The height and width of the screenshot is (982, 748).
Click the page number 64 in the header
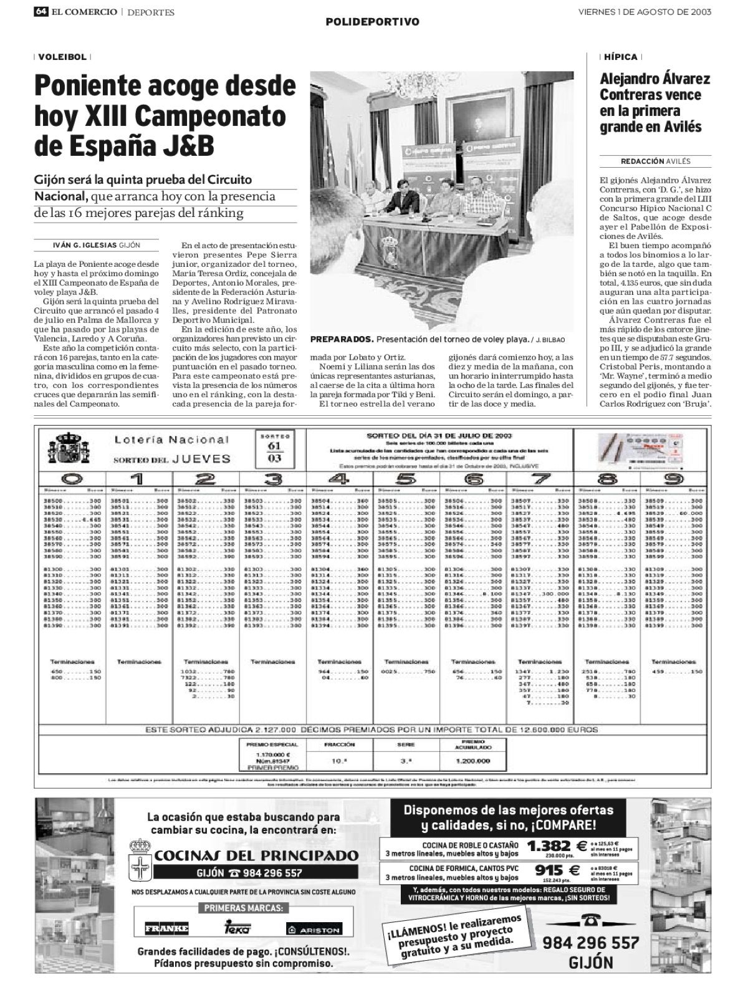pyautogui.click(x=42, y=12)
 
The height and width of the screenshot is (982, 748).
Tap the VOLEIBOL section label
pyautogui.click(x=62, y=57)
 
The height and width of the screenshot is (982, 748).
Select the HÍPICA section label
pyautogui.click(x=621, y=57)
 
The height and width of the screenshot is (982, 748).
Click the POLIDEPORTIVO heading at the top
pyautogui.click(x=373, y=22)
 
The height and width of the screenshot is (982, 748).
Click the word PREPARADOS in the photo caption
pyautogui.click(x=342, y=339)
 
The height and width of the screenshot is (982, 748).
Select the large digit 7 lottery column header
pyautogui.click(x=540, y=479)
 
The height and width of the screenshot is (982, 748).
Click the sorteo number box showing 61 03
pyautogui.click(x=274, y=449)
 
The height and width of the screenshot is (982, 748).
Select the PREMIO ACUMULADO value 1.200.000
pyautogui.click(x=472, y=761)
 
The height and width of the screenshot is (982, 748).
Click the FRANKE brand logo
pyautogui.click(x=166, y=929)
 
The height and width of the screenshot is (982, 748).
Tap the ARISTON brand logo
pyautogui.click(x=314, y=929)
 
